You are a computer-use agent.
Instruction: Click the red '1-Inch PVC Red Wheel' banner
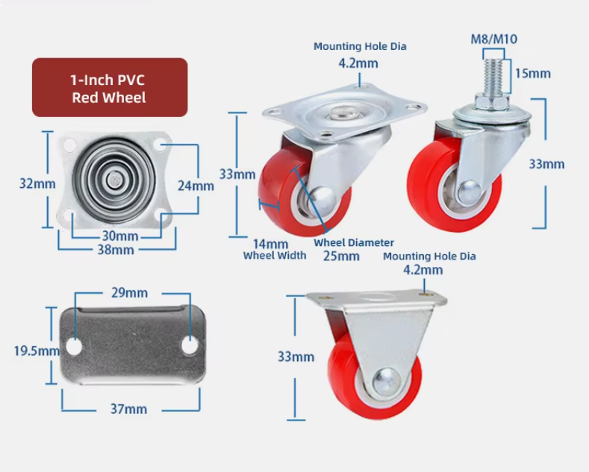(x=110, y=87)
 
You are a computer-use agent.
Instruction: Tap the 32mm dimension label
(x=37, y=183)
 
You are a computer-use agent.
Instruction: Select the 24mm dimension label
(x=196, y=186)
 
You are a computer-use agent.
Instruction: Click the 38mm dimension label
(x=116, y=250)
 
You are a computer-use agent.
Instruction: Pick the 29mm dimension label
(x=130, y=292)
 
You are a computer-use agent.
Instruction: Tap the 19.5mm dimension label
(x=37, y=350)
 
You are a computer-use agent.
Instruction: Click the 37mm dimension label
(x=128, y=409)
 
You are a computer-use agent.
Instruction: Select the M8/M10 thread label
(x=494, y=39)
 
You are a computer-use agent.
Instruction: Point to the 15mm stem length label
(x=533, y=74)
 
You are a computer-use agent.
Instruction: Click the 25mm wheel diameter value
(x=341, y=257)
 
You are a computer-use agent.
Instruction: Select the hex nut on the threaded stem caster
(x=493, y=102)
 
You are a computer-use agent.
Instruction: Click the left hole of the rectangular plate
(x=74, y=347)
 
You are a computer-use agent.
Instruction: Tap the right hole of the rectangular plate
(x=190, y=346)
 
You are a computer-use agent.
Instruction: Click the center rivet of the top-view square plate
(x=113, y=179)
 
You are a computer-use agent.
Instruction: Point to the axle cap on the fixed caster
(x=386, y=382)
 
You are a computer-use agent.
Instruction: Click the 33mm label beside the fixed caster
(x=296, y=356)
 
